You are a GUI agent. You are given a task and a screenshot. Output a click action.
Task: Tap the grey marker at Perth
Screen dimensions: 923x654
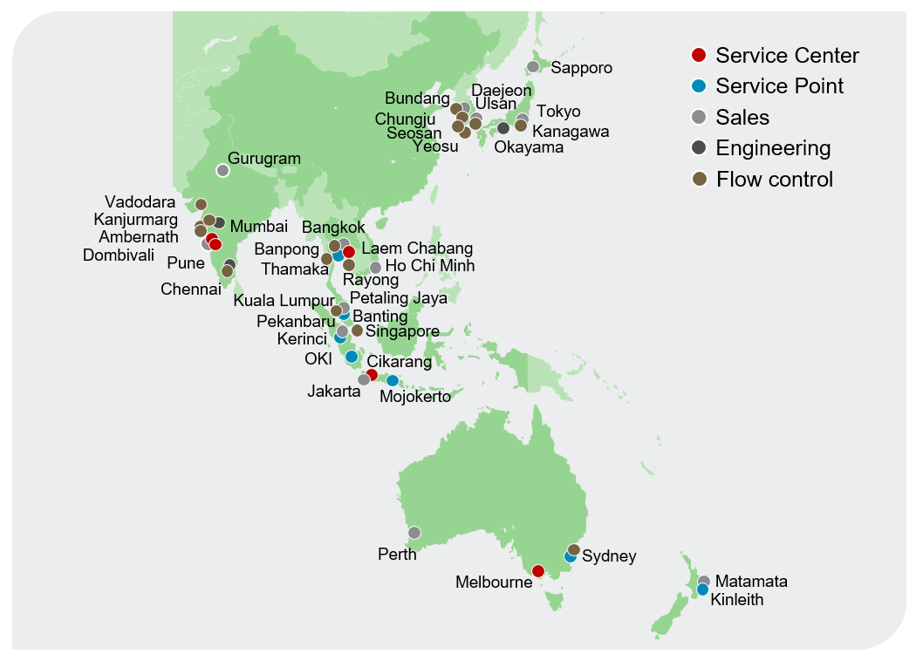click(x=414, y=532)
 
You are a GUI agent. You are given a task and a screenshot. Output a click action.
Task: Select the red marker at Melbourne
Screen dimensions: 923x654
click(x=538, y=571)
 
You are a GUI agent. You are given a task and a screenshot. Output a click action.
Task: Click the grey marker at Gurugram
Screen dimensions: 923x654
click(x=222, y=170)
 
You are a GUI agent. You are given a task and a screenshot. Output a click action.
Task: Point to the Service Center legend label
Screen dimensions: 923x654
click(x=787, y=56)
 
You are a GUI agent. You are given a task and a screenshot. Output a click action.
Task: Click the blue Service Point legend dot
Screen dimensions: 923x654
click(x=698, y=86)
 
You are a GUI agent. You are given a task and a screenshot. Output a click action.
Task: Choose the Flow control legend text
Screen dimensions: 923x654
click(x=775, y=180)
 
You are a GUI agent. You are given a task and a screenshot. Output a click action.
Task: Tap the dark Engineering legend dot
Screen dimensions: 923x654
click(x=698, y=148)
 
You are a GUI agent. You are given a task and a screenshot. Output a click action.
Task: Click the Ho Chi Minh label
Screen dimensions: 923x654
click(x=430, y=265)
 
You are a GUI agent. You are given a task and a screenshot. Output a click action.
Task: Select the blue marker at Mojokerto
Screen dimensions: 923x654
click(x=393, y=380)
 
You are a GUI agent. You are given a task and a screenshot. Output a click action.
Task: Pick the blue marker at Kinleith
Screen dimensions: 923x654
click(x=702, y=589)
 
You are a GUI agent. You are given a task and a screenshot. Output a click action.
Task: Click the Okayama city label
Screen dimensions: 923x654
click(x=529, y=147)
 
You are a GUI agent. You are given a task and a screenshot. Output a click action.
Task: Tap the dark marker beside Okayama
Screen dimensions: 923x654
click(x=503, y=128)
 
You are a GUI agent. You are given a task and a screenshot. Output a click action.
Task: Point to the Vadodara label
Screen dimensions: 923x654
click(x=140, y=202)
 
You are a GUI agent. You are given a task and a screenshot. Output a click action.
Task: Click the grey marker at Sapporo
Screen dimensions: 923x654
click(x=533, y=67)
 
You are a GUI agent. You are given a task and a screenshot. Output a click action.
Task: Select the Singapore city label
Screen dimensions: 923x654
click(x=402, y=331)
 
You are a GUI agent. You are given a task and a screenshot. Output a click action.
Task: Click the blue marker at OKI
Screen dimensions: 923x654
click(x=352, y=357)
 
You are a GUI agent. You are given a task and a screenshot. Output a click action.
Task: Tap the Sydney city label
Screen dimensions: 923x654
click(x=609, y=556)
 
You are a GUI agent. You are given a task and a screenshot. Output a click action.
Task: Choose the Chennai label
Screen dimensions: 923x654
click(x=191, y=290)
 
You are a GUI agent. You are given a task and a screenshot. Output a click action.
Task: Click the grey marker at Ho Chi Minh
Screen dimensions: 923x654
click(x=375, y=268)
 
